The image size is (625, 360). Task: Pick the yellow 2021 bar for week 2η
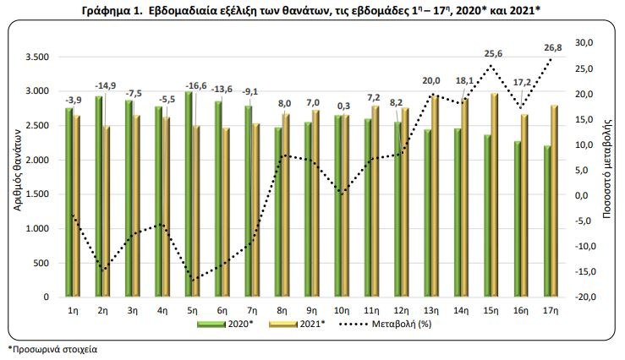(x=106, y=212)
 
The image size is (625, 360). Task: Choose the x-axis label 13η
(x=431, y=311)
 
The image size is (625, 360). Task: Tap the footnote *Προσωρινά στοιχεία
(x=48, y=348)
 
